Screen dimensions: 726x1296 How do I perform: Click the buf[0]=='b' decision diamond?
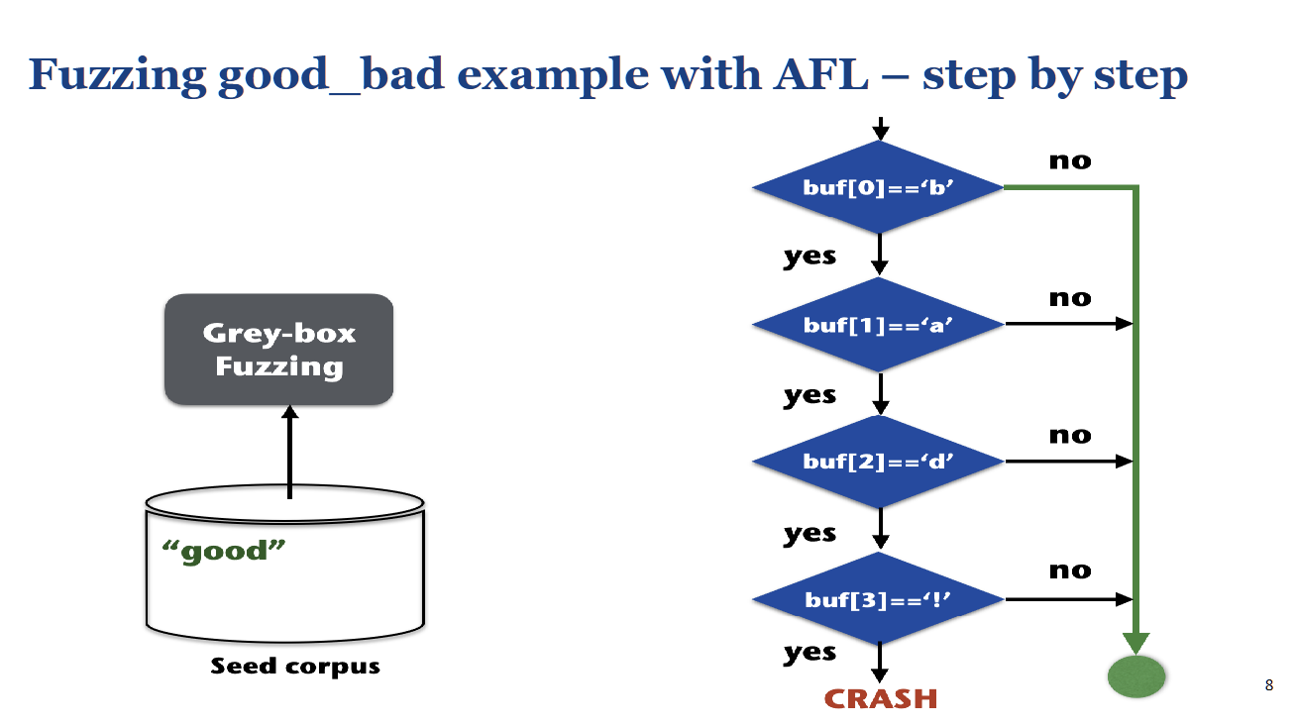[879, 186]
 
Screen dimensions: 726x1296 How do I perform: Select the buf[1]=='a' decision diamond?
[879, 324]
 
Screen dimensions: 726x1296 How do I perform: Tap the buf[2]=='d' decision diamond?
[879, 462]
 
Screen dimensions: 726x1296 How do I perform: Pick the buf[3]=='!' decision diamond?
[879, 599]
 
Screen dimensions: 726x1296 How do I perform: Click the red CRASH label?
[880, 698]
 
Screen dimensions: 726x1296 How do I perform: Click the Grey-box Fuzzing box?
[278, 349]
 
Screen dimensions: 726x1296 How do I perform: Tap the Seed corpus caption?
[295, 666]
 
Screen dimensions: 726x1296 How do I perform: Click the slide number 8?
[1269, 685]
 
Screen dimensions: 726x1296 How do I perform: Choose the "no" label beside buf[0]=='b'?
[1070, 160]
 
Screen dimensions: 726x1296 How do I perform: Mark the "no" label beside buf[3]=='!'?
[1070, 570]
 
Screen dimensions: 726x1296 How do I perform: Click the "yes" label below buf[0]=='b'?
[810, 257]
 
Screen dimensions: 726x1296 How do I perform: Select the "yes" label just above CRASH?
[810, 653]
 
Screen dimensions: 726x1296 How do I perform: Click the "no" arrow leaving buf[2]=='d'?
[1068, 462]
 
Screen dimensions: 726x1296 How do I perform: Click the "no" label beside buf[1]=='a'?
[1070, 298]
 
